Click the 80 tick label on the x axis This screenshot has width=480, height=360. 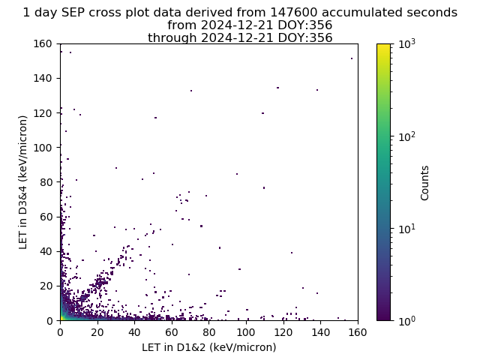(208, 332)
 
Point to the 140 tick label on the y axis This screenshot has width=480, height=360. (43, 78)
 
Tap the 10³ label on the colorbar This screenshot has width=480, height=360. (406, 43)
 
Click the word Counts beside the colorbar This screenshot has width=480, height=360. (424, 183)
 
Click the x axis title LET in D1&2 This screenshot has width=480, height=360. (209, 347)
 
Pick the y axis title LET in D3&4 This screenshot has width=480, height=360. (23, 182)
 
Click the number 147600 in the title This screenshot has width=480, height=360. (294, 13)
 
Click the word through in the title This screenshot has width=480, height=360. (172, 38)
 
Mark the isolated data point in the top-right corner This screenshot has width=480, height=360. (352, 58)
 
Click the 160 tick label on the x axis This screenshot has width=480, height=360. (357, 332)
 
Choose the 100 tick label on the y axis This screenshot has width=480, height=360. (43, 148)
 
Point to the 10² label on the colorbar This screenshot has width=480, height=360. (406, 136)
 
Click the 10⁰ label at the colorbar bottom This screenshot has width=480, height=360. (406, 320)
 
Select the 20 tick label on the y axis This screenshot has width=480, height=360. (46, 286)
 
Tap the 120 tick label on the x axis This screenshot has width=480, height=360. (283, 332)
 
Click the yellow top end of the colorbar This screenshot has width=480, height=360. (383, 46)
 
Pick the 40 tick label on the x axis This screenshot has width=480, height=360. (134, 332)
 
